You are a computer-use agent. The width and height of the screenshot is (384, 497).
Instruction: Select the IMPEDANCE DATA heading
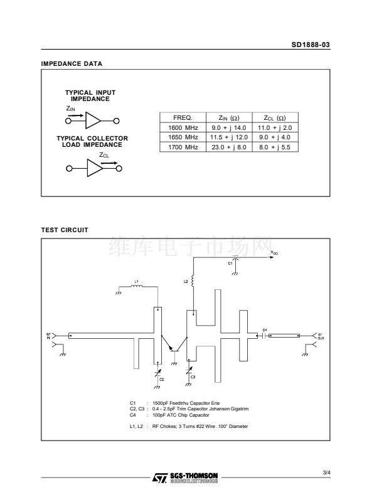click(x=72, y=64)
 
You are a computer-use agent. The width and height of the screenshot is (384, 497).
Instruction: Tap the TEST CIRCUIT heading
click(x=65, y=230)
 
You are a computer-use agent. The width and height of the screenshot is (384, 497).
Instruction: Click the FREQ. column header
click(x=183, y=117)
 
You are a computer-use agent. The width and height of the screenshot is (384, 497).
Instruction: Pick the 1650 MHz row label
click(x=183, y=137)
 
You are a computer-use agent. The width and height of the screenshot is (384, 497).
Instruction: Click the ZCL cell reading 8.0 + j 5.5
click(x=275, y=147)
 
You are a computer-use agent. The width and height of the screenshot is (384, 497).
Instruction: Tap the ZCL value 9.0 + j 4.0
click(x=275, y=137)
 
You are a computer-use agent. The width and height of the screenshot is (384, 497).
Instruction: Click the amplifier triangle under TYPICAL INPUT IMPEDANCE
click(x=93, y=120)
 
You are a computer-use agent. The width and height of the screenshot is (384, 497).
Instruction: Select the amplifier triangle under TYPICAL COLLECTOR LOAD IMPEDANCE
click(x=93, y=168)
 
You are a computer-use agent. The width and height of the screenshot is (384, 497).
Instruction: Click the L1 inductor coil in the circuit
click(x=137, y=287)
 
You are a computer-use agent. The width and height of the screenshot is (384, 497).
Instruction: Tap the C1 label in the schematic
click(x=230, y=264)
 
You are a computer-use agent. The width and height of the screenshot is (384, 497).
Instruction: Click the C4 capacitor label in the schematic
click(x=265, y=329)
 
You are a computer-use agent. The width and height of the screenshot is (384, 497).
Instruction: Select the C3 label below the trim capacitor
click(x=193, y=376)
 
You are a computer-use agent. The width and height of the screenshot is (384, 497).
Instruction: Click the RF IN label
click(x=48, y=336)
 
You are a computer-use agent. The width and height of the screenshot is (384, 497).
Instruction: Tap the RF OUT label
click(x=319, y=336)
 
